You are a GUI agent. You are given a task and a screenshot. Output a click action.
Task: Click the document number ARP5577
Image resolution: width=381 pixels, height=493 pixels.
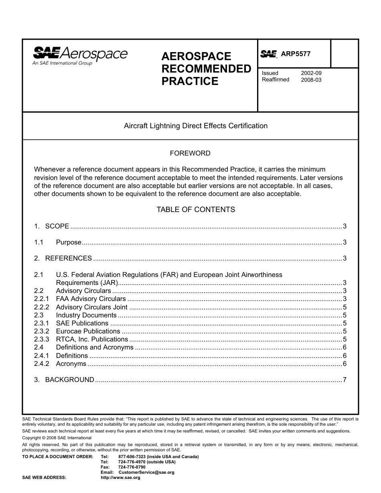(296, 54)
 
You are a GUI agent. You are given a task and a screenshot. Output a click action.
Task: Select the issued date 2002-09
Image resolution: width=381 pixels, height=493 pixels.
(311, 73)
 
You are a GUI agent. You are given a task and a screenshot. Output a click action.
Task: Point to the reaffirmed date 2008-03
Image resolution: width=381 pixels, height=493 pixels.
(311, 80)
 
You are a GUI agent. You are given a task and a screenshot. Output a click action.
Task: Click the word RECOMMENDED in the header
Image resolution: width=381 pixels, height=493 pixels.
(206, 69)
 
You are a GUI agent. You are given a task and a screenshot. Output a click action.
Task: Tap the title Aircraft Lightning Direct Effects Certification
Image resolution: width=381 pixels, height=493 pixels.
(196, 126)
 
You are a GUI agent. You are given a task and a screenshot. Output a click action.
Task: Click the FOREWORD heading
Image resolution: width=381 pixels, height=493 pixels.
(190, 153)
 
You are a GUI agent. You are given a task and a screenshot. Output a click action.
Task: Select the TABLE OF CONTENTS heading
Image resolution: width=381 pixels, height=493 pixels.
(196, 210)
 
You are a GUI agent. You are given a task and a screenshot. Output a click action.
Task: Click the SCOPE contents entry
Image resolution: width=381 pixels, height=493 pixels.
(57, 226)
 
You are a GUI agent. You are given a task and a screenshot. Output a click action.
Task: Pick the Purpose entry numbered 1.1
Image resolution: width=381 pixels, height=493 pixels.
(69, 242)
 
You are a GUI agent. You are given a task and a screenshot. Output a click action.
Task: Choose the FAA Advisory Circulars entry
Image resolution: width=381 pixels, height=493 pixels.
(91, 299)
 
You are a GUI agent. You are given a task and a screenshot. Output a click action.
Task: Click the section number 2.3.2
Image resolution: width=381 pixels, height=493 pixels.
(42, 331)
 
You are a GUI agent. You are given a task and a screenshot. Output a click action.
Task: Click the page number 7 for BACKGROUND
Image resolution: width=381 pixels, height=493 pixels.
(345, 380)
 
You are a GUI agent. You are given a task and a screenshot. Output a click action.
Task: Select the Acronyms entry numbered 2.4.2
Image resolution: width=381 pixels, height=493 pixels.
(71, 364)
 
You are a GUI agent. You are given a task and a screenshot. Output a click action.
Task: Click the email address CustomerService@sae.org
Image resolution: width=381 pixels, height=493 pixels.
(146, 473)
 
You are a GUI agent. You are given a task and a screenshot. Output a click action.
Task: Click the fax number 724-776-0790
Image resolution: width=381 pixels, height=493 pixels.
(132, 467)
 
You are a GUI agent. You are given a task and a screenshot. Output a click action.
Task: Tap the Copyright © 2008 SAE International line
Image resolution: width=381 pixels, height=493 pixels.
(57, 438)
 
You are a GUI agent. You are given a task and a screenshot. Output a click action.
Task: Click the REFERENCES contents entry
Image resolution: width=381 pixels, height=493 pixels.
(69, 259)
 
